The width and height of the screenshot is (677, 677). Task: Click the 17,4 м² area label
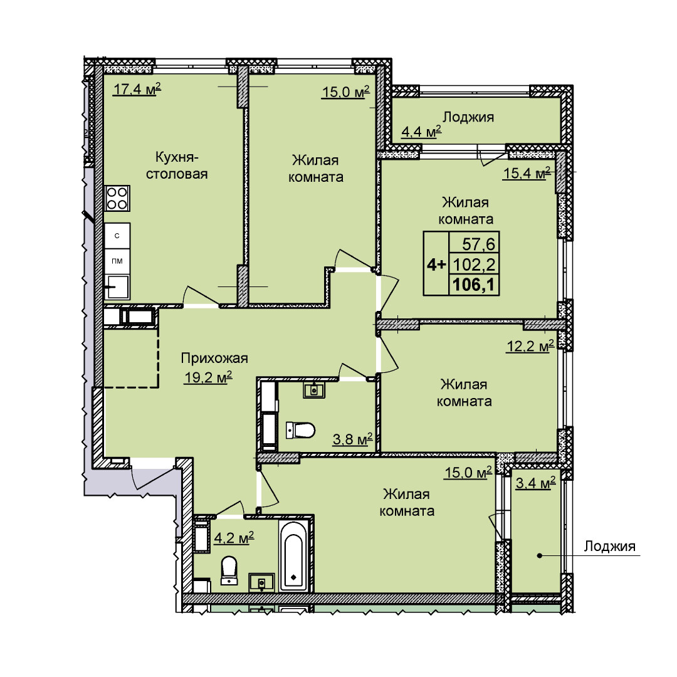pos(137,90)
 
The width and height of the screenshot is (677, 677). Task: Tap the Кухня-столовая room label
pos(177,165)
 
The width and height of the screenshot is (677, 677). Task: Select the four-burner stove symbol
pos(117,198)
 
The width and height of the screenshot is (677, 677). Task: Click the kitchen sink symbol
pos(117,286)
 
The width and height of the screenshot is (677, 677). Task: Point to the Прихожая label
pos(214,358)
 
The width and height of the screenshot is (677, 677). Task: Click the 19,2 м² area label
pos(208,377)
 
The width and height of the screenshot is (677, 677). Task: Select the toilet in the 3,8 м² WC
pos(300,430)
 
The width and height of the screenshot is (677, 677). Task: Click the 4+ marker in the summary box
pos(436,265)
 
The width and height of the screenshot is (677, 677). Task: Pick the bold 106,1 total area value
pos(474,285)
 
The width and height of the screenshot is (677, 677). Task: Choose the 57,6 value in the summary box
pos(478,244)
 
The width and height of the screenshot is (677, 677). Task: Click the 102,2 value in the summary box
pos(474,265)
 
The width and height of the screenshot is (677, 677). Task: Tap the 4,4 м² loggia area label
pos(421,131)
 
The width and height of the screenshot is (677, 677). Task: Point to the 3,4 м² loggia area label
pos(535,483)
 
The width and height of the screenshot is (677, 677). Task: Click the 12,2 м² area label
pos(530,346)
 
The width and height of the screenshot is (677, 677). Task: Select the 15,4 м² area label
pos(527,173)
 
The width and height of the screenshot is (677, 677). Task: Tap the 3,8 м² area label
pos(352,439)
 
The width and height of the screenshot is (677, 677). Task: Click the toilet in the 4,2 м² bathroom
pos(229,570)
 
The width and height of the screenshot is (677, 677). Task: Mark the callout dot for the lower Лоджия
pos(539,555)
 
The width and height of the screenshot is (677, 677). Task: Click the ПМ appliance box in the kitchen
pos(117,261)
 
